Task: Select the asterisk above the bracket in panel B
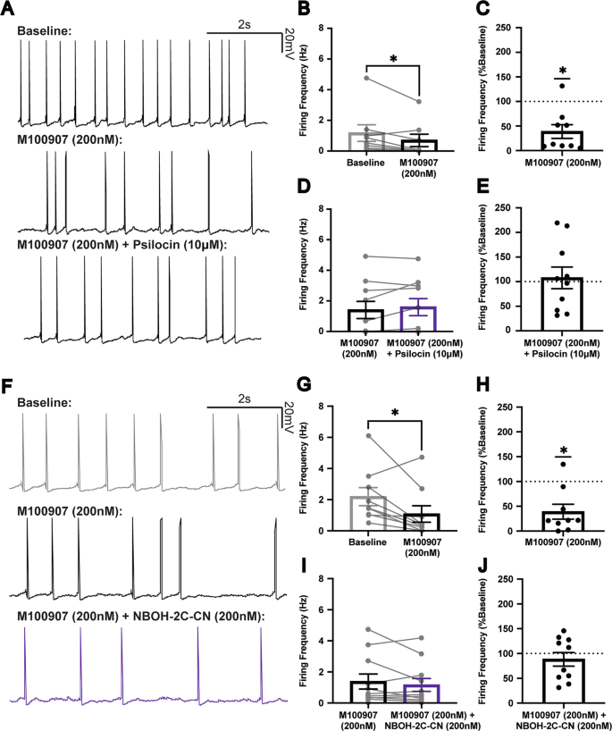coord(393,58)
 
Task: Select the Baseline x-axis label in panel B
coord(363,163)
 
